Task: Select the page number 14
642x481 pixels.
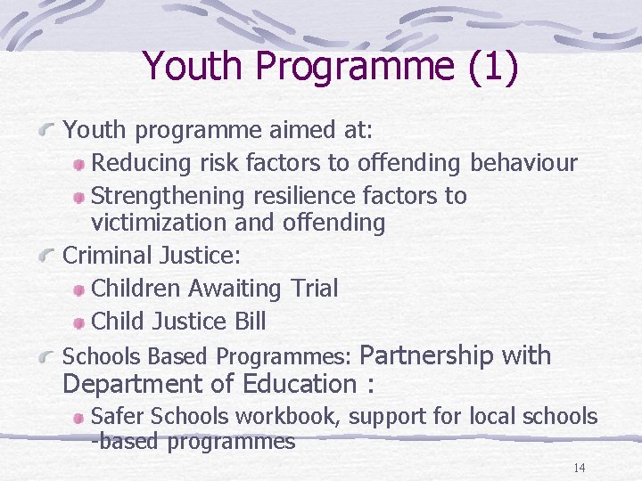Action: tap(579, 469)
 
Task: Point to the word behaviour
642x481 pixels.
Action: tap(523, 164)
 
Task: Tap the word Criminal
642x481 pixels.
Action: tap(107, 257)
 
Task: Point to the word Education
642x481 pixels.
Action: tap(302, 385)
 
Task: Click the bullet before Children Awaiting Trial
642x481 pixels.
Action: tap(79, 289)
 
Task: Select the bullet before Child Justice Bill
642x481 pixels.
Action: tap(79, 322)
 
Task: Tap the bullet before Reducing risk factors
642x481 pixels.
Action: tap(79, 165)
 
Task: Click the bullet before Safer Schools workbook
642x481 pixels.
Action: tap(79, 417)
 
